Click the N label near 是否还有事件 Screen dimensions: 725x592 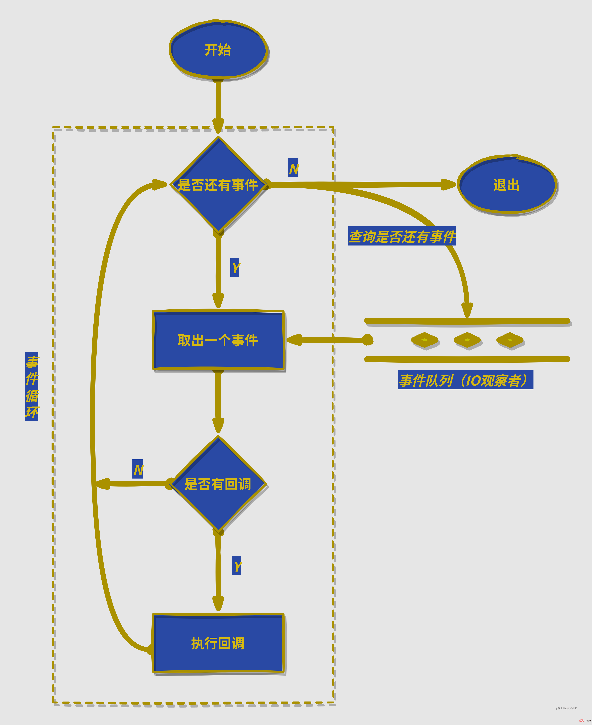click(293, 168)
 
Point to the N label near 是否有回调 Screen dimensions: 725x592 click(138, 469)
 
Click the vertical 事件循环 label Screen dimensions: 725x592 click(32, 387)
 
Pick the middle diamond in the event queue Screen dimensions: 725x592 click(467, 340)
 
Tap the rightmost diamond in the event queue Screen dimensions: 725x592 click(510, 340)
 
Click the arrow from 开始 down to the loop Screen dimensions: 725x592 click(218, 102)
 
